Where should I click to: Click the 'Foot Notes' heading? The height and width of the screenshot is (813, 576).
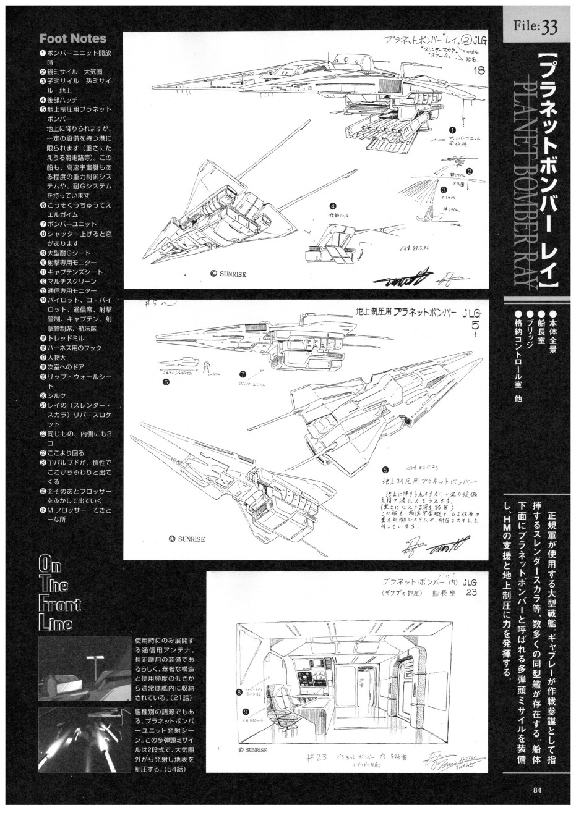73,39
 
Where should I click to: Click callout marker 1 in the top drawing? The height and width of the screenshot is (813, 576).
452,131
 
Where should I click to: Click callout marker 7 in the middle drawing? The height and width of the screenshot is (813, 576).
243,374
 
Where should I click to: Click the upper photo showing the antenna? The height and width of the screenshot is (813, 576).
84,668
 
